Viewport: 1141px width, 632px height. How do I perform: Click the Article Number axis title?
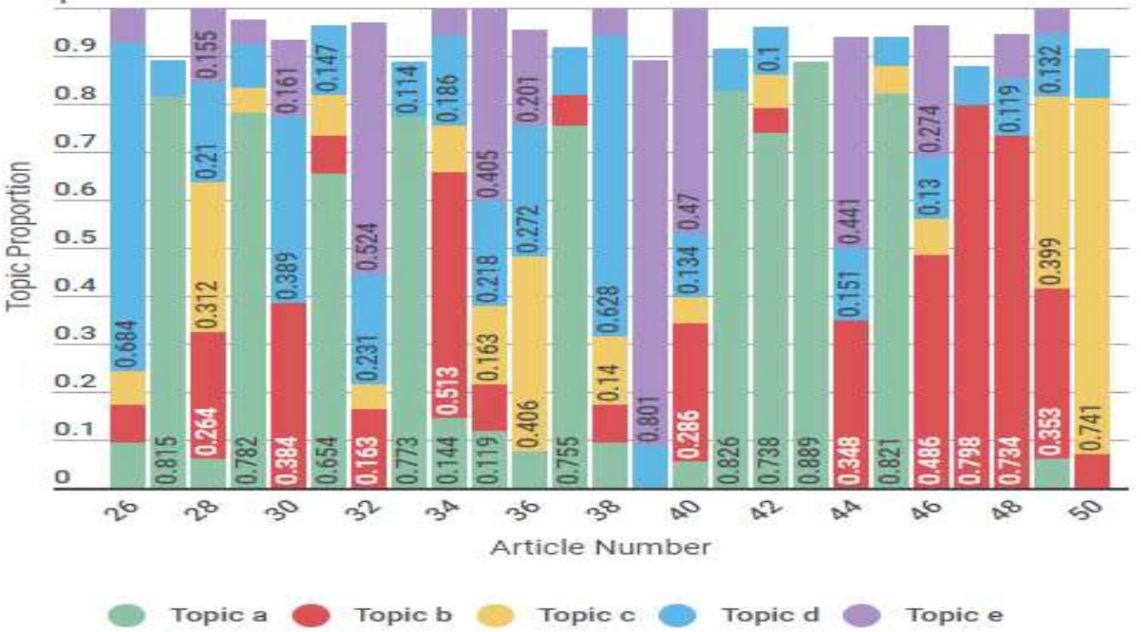click(x=600, y=547)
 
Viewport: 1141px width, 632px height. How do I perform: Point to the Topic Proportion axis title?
click(x=20, y=236)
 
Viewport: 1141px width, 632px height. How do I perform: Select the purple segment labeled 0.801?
click(x=650, y=250)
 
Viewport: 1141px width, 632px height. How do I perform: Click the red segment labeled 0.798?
click(x=971, y=295)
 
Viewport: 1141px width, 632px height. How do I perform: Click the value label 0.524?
click(x=368, y=247)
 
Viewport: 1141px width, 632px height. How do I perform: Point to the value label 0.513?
click(x=448, y=391)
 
